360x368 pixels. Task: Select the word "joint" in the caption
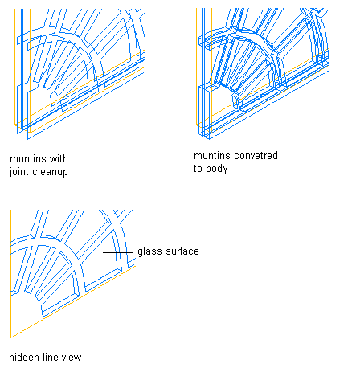point(19,172)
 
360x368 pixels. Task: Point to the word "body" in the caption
point(217,169)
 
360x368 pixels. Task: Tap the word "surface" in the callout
point(182,251)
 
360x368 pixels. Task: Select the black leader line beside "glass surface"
point(117,252)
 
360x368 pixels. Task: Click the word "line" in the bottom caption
point(50,358)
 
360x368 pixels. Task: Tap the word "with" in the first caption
point(59,159)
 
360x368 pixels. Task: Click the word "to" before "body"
point(198,169)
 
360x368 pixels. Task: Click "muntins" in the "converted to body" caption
point(211,156)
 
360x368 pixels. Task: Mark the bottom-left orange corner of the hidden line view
point(10,337)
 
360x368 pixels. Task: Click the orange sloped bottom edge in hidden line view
point(73,301)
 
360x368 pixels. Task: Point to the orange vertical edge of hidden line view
point(10,273)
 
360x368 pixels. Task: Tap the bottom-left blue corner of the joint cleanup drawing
point(27,139)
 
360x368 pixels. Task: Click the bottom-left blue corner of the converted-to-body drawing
point(210,139)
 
